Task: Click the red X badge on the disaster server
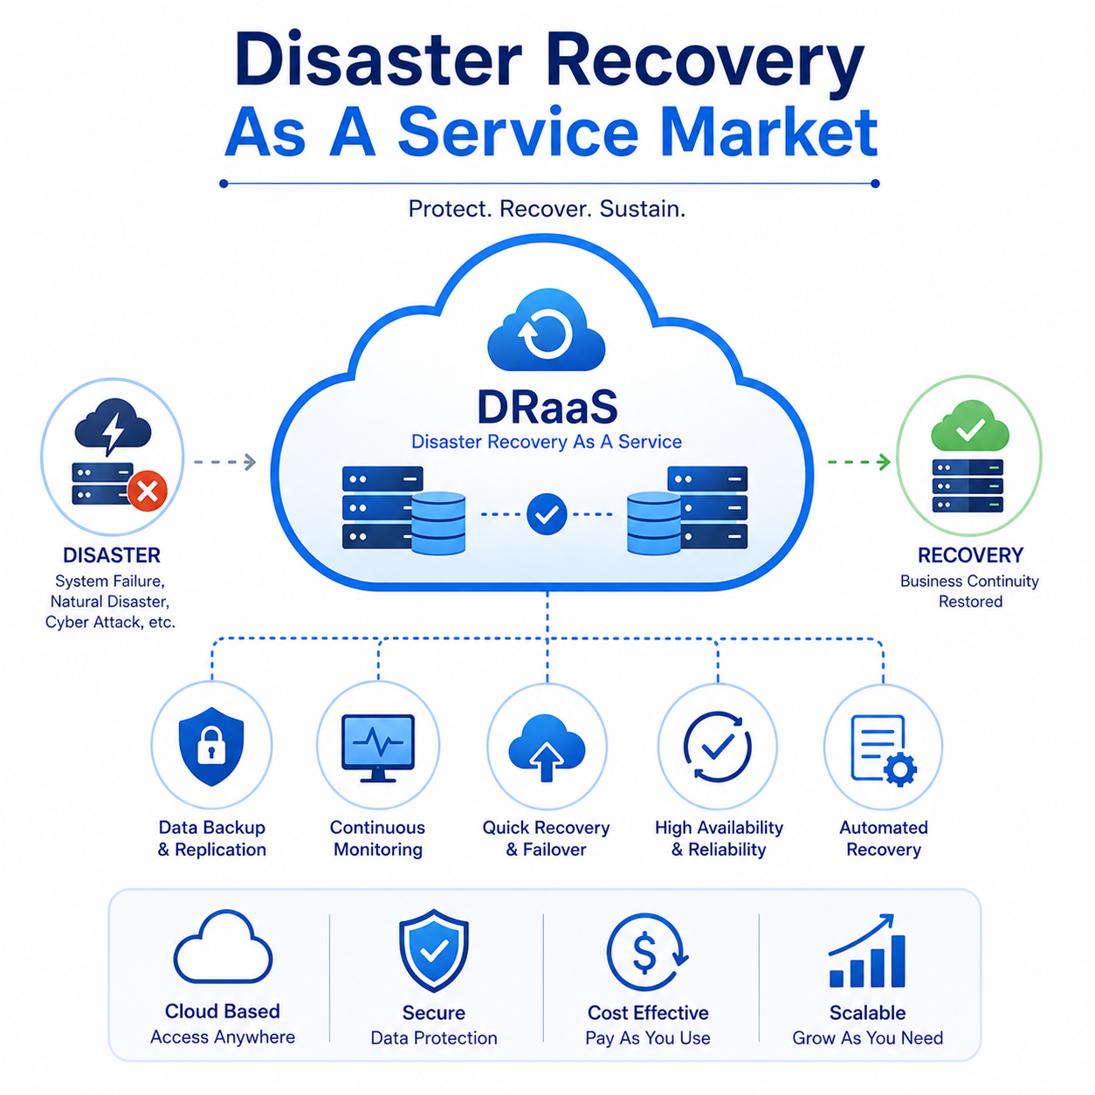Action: (148, 491)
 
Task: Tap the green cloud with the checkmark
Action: (969, 426)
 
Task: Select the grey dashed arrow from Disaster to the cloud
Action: (225, 462)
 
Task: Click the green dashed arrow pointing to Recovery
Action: (858, 462)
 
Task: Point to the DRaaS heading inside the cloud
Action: (547, 407)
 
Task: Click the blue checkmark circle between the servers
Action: (547, 514)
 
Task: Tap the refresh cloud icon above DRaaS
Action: (547, 330)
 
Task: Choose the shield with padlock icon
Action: (211, 747)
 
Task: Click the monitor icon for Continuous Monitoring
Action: (378, 748)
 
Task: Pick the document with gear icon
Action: (883, 750)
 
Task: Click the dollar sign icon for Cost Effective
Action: (647, 954)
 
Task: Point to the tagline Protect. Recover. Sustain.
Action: (547, 209)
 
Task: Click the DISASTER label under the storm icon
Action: (112, 555)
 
